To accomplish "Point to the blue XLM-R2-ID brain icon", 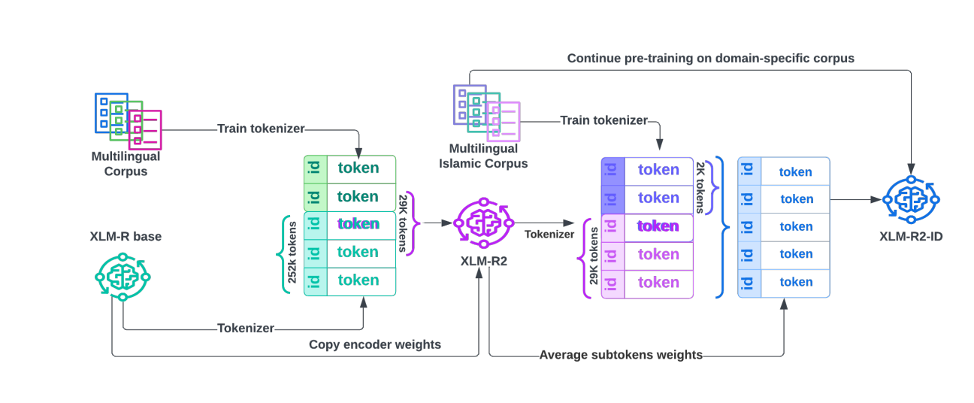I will tap(911, 200).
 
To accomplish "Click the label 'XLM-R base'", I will tap(126, 237).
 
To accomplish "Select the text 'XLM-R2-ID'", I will tap(911, 236).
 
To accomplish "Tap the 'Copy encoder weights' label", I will tap(375, 344).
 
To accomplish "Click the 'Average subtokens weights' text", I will tap(621, 355).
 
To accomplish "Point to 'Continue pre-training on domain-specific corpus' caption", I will tap(710, 58).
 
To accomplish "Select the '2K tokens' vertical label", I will tap(701, 186).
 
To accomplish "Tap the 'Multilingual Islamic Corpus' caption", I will tap(489, 156).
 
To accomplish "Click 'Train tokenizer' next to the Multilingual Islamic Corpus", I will tap(603, 120).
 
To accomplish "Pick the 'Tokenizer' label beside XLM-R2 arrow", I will tap(549, 235).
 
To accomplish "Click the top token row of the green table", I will tap(349, 168).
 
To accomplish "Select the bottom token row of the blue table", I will tap(784, 282).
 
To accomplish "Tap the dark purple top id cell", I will tap(613, 171).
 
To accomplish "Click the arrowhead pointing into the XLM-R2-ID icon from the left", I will tap(877, 200).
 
